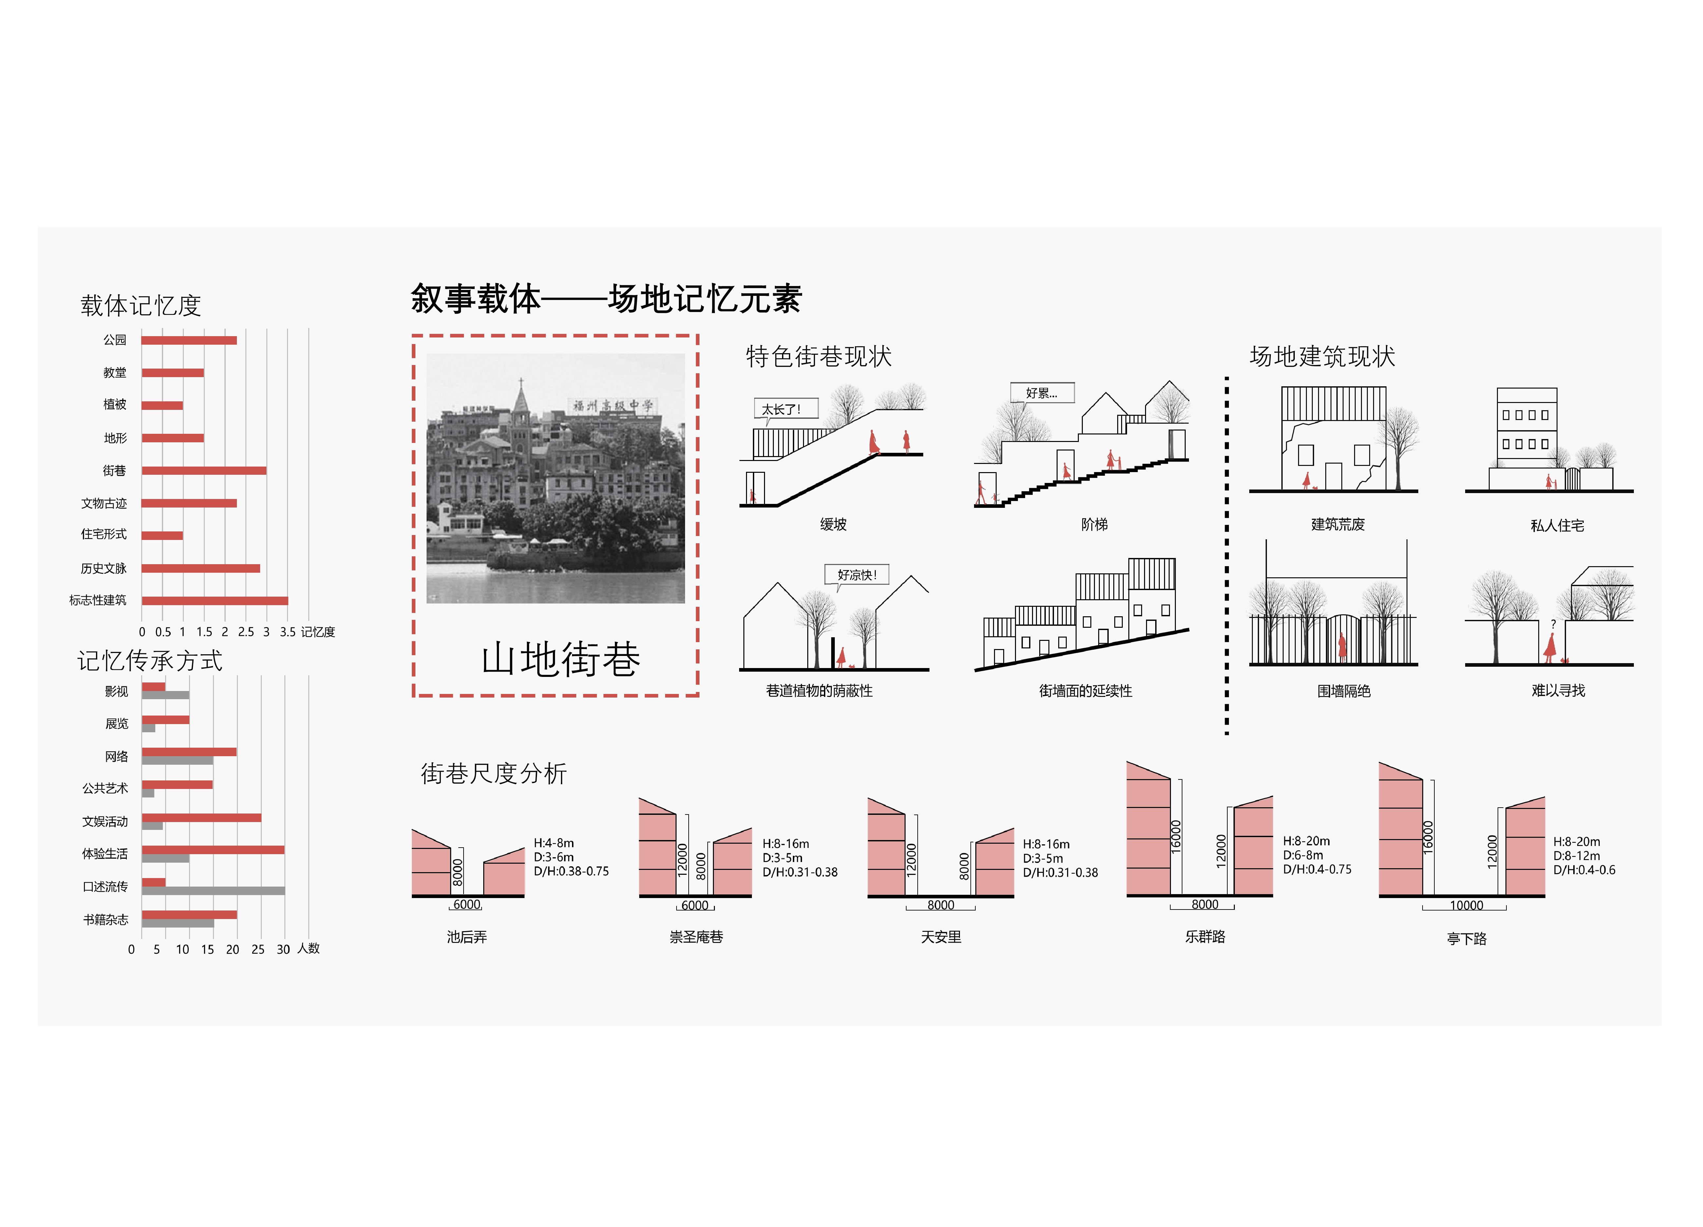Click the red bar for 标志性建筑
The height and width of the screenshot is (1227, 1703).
click(x=215, y=601)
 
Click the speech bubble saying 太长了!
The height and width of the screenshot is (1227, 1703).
click(x=785, y=409)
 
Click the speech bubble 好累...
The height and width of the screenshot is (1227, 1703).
click(x=1042, y=393)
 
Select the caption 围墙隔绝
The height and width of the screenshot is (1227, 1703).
click(x=1344, y=691)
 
